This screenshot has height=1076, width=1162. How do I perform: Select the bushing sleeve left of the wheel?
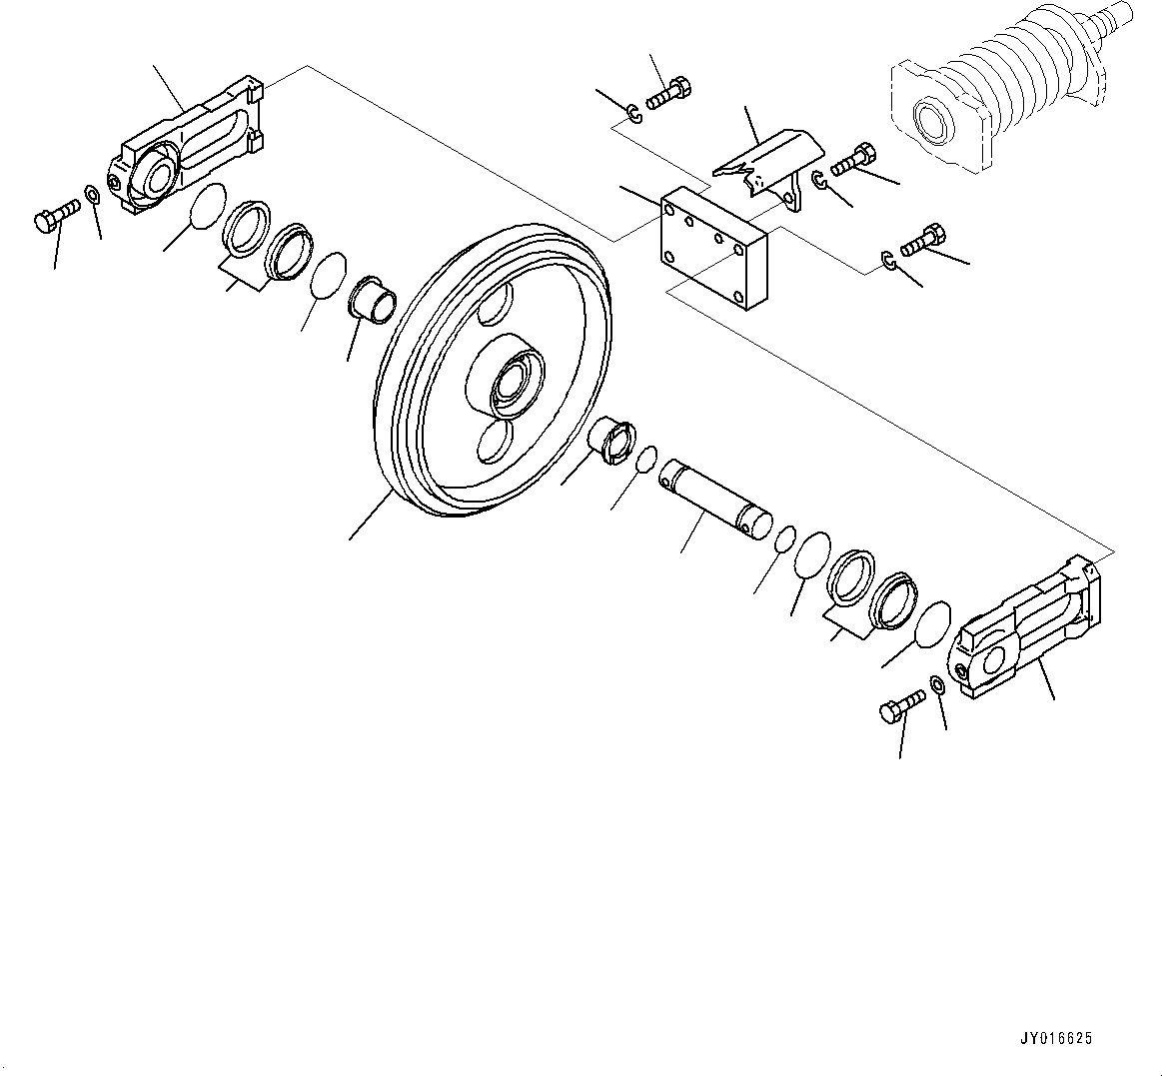point(372,297)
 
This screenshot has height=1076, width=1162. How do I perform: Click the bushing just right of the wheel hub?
point(610,441)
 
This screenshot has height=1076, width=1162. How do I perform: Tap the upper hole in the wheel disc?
point(496,305)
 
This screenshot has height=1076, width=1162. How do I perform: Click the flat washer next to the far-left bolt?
point(92,193)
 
